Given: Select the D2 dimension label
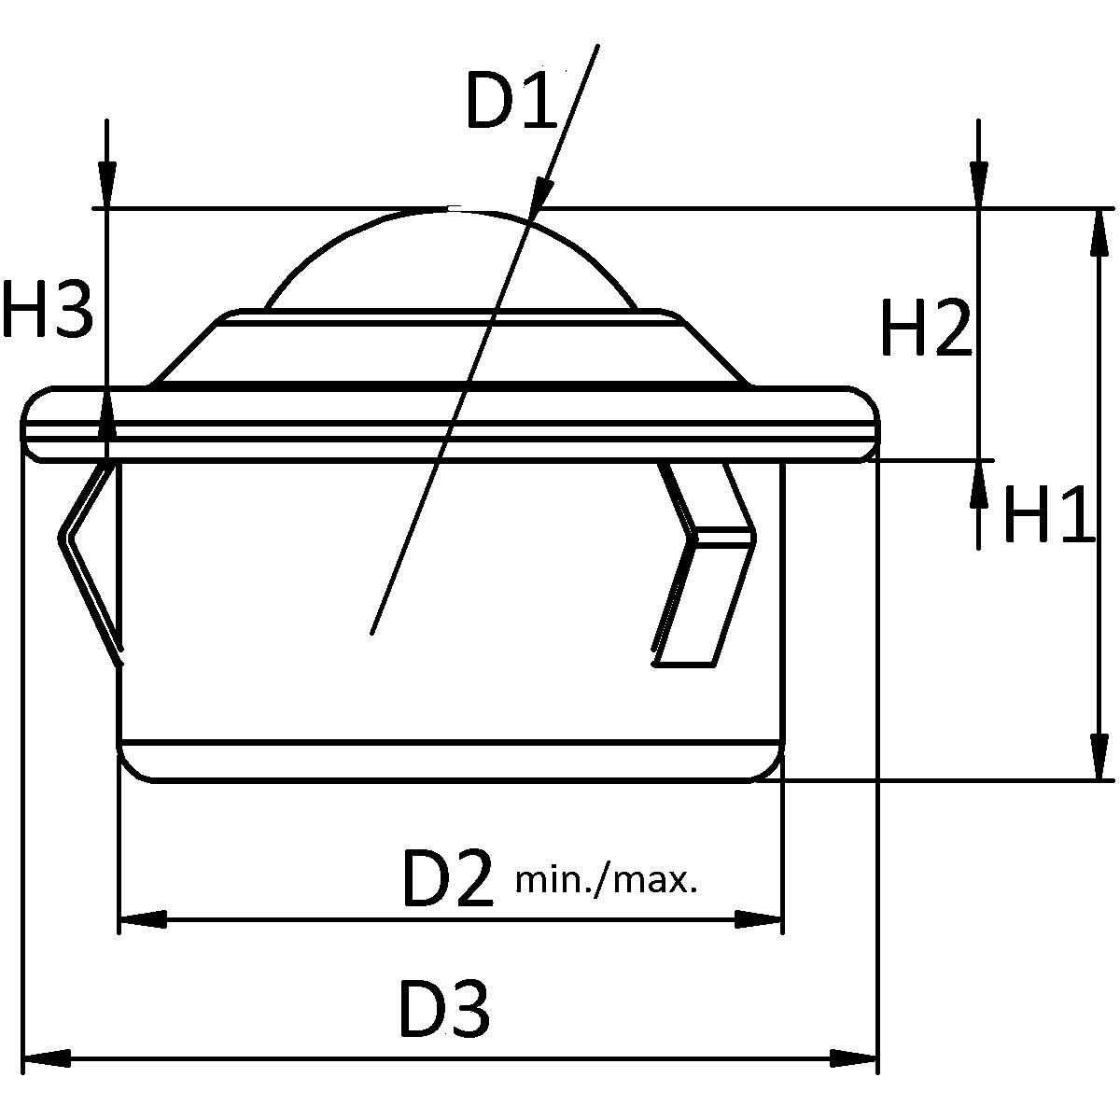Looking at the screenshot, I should coord(446,878).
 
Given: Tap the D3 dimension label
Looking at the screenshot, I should coord(444,1009).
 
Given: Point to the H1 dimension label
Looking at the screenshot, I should coord(1047,515).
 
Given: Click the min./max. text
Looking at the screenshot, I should coord(606,879).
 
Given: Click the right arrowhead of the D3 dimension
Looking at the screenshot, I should coord(854,1059).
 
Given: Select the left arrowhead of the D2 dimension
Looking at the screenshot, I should coord(143,919).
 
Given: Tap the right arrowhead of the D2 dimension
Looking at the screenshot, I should coord(758,919).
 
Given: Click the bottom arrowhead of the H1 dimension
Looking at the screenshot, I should coord(1099,756).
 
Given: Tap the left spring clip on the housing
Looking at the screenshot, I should coord(89,560).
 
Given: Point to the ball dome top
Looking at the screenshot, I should coord(453,212).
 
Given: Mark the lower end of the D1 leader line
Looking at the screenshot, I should coord(372,633).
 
